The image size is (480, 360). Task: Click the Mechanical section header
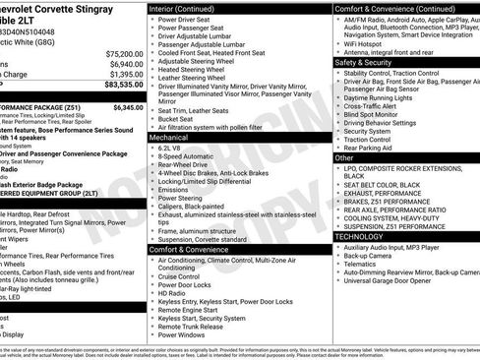pos(168,138)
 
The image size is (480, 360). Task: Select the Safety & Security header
pos(363,61)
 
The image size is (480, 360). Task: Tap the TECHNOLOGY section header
pos(359,236)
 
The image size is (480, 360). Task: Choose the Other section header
pos(344,157)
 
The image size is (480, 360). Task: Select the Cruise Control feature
pos(181,276)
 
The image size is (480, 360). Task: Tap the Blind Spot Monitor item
pos(373,113)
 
